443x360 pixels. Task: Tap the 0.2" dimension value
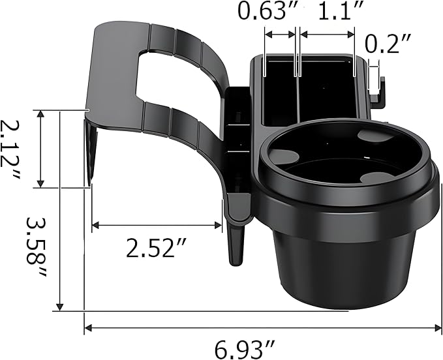coord(388,44)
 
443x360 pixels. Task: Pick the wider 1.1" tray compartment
coord(326,91)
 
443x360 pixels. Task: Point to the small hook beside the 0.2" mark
coord(380,91)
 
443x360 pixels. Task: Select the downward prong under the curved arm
coord(236,241)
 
